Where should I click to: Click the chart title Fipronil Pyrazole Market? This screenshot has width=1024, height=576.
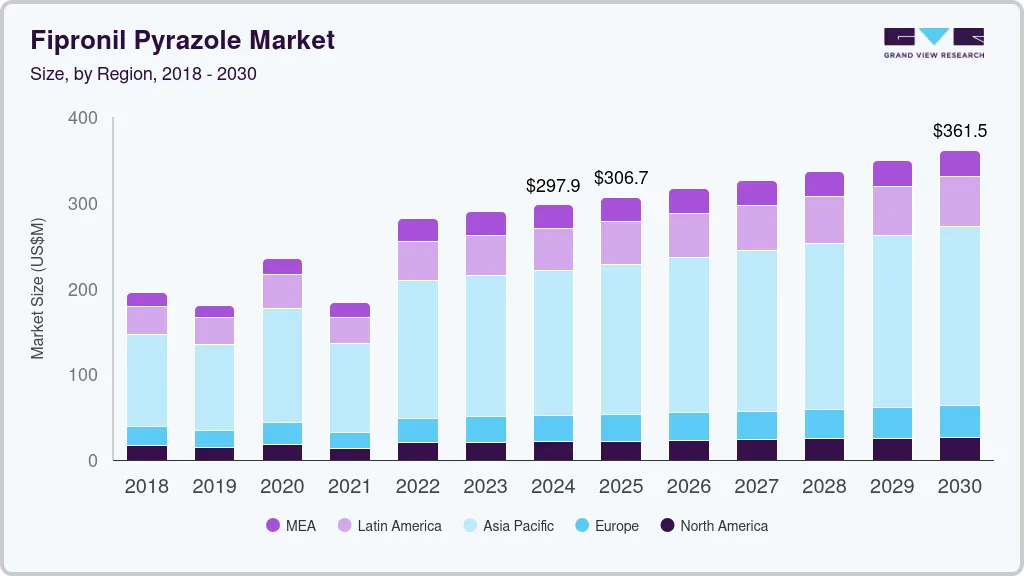pos(182,40)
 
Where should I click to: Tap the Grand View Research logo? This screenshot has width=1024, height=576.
pos(933,42)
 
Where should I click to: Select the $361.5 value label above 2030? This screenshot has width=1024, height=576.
pos(960,131)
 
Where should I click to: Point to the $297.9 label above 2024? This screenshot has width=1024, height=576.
pos(553,186)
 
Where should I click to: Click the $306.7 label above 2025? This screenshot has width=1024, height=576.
pos(621,178)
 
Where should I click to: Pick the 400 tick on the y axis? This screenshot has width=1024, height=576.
pos(83,118)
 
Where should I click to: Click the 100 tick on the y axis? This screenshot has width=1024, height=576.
pos(83,375)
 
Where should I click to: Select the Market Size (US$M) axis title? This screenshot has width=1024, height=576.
pos(37,288)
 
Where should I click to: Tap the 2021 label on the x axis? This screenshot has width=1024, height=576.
pos(350,487)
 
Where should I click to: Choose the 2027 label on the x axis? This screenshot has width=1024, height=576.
pos(757,487)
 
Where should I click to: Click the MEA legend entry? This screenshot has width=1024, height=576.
pos(291,526)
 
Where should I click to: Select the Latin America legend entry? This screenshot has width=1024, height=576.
pos(388,526)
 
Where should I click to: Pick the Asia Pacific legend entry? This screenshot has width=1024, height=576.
pos(506,526)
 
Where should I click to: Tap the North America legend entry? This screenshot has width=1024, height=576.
pos(712,526)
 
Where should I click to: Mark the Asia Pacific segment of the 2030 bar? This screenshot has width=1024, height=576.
pos(960,316)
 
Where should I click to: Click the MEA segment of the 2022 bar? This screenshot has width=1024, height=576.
pos(418,230)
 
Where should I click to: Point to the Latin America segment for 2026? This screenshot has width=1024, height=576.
pos(689,235)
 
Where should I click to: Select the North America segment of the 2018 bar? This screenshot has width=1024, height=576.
pos(147,453)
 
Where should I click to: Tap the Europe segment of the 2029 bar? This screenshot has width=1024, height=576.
pos(892,423)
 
